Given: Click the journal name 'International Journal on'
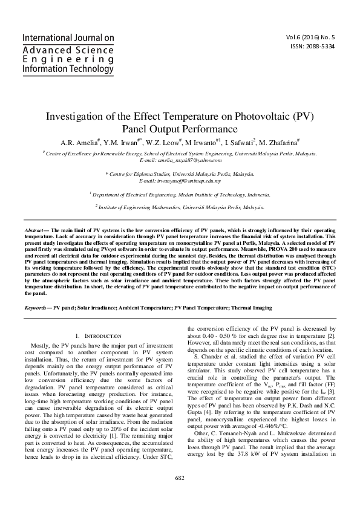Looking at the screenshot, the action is [x=68, y=37].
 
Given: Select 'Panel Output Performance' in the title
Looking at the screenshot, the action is [x=180, y=129].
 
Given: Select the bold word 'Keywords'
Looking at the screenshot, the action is [x=36, y=308].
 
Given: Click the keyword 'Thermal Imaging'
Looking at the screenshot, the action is [x=252, y=308].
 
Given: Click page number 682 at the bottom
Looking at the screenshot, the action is [x=180, y=495].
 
